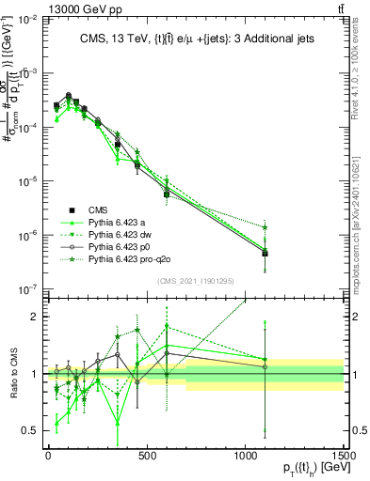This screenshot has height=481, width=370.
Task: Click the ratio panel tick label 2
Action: click(x=36, y=317)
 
